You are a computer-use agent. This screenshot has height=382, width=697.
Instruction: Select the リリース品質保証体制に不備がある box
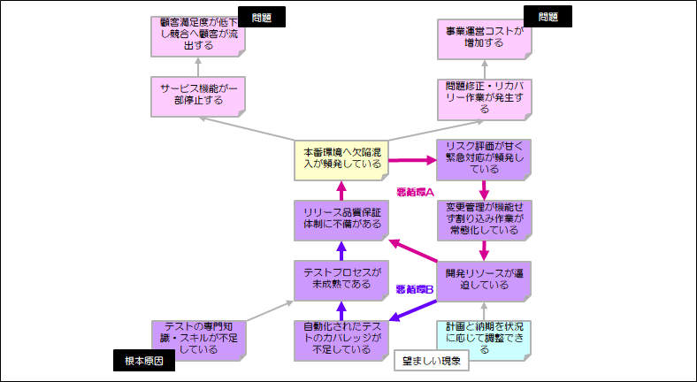341,218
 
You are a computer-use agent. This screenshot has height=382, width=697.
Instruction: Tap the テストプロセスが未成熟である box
341,279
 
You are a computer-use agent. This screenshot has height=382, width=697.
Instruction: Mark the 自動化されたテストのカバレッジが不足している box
341,337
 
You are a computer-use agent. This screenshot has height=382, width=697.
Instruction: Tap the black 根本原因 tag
144,360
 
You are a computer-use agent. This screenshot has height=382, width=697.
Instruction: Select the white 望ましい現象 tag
432,360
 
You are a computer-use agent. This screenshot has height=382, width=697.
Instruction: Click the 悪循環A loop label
415,190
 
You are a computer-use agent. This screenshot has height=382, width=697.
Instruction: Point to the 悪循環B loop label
415,288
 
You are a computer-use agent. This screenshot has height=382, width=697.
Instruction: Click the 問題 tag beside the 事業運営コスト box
548,16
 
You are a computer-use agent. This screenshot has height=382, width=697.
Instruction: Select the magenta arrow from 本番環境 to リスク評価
412,160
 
